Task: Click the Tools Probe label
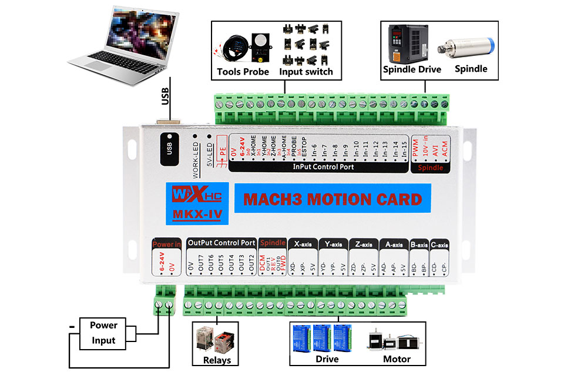[x=243, y=72]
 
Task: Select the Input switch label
[x=305, y=72]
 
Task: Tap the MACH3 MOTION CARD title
[x=332, y=199]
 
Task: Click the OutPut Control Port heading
[x=221, y=242]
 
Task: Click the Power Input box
[x=104, y=333]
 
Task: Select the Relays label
[x=217, y=360]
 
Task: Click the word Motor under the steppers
[x=397, y=358]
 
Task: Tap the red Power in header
[x=166, y=243]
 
